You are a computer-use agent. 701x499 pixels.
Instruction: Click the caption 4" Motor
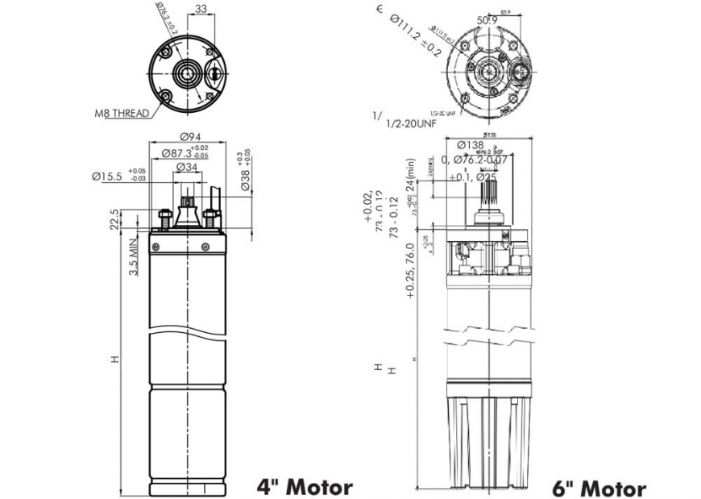(304, 486)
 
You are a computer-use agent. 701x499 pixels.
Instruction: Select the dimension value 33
(201, 10)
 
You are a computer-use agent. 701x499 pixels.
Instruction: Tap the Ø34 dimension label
(187, 168)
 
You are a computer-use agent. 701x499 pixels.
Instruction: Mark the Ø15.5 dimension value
(108, 176)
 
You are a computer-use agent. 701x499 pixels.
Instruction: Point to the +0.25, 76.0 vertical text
(410, 271)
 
